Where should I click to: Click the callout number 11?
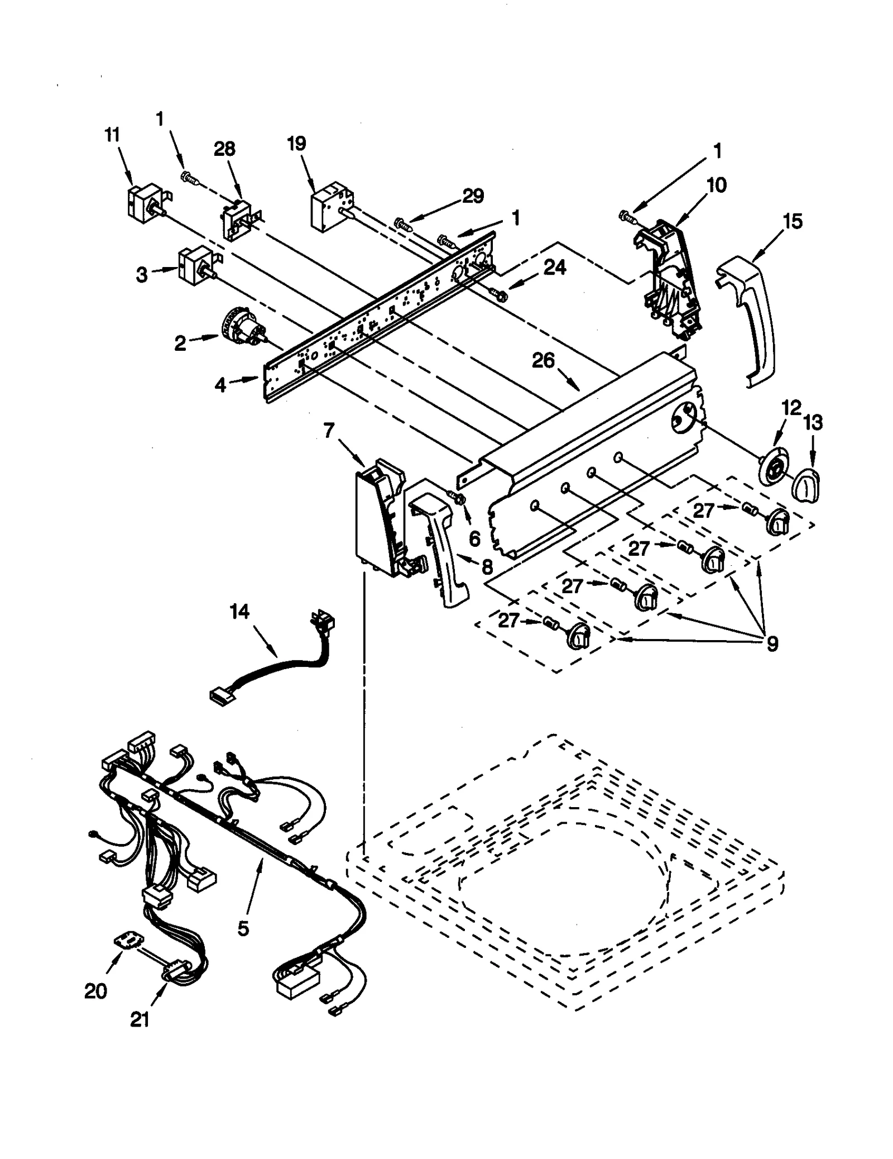pos(112,135)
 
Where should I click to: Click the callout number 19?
pos(296,144)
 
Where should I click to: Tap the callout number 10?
pos(716,185)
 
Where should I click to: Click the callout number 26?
pos(543,360)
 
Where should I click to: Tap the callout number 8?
pos(487,568)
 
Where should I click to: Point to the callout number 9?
pos(772,644)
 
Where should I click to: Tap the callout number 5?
pos(243,928)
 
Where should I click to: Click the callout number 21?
pos(140,1019)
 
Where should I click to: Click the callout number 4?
pos(220,384)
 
